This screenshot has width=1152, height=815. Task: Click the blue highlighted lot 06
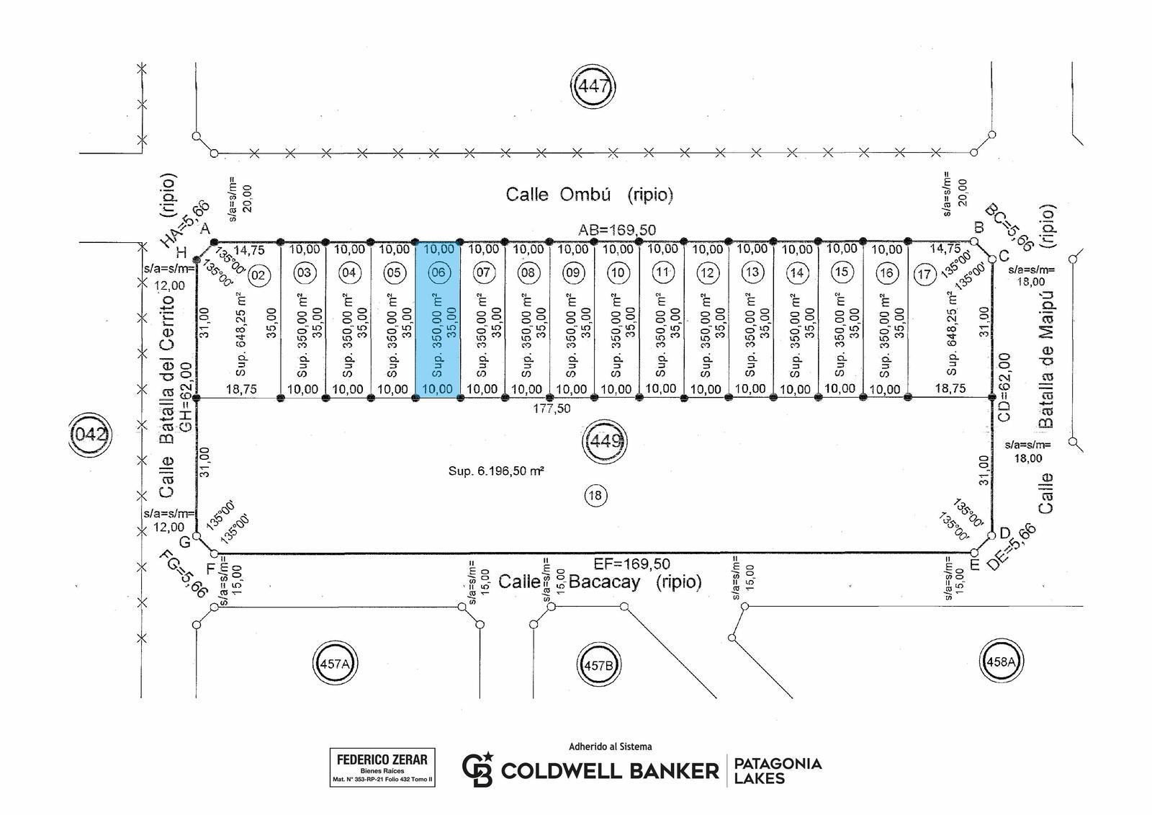438,320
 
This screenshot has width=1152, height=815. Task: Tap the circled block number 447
593,86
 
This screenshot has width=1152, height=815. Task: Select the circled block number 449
605,441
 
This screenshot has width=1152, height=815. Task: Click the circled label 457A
335,664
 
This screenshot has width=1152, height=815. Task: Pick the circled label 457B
598,665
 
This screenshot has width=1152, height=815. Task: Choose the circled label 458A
1001,661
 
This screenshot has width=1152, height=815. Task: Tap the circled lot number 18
595,495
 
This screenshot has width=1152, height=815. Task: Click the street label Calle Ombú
559,195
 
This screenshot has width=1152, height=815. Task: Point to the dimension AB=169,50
616,230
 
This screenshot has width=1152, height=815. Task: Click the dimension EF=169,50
632,564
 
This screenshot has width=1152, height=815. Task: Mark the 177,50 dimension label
552,409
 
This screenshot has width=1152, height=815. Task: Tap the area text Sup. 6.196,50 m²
496,471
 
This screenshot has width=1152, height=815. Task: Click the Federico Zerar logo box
382,767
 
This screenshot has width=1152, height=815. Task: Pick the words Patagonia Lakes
778,770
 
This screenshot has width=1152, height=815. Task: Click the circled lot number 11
662,272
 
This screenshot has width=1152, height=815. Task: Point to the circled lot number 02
258,275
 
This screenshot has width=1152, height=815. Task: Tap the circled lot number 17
924,275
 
